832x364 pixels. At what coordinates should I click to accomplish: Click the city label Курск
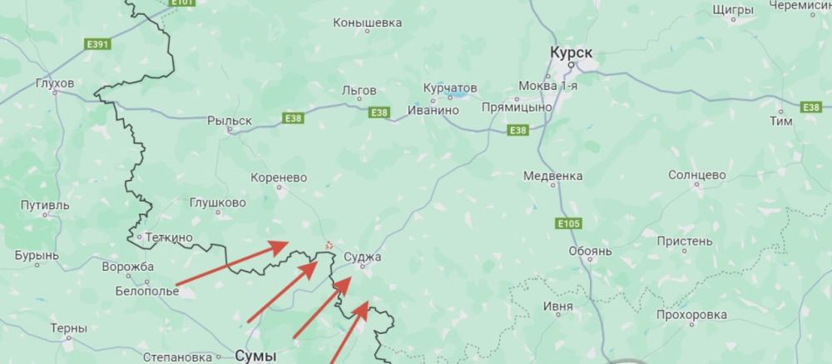571,52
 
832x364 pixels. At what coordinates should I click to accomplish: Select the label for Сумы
255,355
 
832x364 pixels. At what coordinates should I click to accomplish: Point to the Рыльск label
229,121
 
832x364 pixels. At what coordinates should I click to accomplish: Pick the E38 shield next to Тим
810,107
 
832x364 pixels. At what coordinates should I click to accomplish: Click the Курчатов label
449,88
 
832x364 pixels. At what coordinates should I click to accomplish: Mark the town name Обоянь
590,250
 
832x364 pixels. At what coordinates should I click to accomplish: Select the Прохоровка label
691,315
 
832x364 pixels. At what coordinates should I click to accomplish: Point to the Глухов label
55,83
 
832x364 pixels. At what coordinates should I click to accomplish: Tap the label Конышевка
367,23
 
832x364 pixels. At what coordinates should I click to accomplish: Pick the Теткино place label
169,237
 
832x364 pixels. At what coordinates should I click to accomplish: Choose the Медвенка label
552,176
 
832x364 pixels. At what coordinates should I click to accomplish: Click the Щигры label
734,9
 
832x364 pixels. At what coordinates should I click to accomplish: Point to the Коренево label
279,177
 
